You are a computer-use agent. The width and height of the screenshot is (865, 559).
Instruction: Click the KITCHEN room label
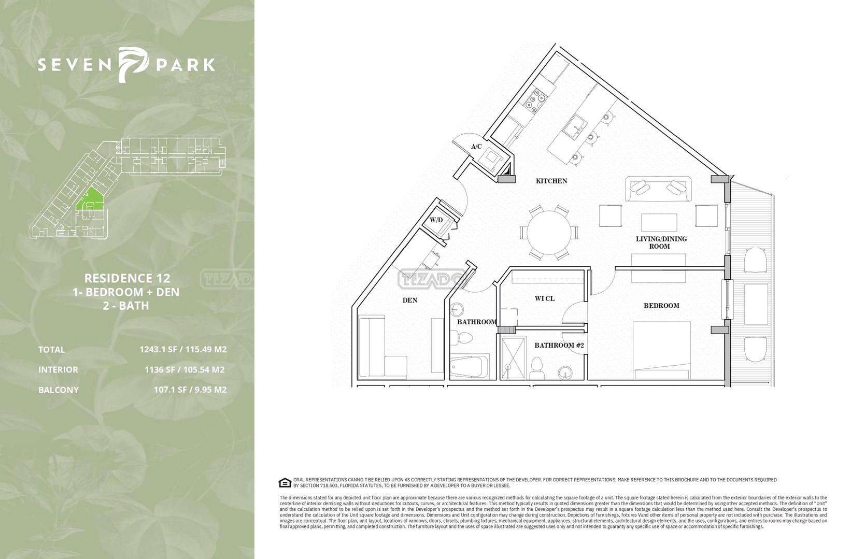pyautogui.click(x=551, y=181)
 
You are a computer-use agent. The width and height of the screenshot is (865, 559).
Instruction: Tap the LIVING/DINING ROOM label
pyautogui.click(x=661, y=242)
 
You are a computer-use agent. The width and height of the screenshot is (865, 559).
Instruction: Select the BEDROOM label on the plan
pyautogui.click(x=661, y=306)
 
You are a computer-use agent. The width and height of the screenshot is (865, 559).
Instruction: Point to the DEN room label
pyautogui.click(x=410, y=300)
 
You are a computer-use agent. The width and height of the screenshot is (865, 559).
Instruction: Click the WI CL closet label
pyautogui.click(x=545, y=298)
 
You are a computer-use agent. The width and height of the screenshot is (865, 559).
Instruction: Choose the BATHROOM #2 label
pyautogui.click(x=559, y=345)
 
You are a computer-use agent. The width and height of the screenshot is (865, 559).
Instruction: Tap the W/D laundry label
pyautogui.click(x=436, y=220)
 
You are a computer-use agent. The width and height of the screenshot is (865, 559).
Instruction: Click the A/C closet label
pyautogui.click(x=476, y=147)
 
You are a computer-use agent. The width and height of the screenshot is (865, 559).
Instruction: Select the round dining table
pyautogui.click(x=549, y=233)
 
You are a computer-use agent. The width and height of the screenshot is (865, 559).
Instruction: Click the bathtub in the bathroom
pyautogui.click(x=470, y=367)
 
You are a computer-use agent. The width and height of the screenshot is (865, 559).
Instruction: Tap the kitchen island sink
pyautogui.click(x=575, y=127)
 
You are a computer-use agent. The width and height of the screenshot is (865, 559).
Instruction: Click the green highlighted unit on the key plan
pyautogui.click(x=90, y=199)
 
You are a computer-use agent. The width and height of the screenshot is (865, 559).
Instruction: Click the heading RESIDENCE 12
pyautogui.click(x=127, y=278)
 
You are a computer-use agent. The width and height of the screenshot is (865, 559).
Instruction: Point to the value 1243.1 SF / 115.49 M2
pyautogui.click(x=183, y=350)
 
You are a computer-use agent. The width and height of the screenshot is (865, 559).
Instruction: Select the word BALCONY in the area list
pyautogui.click(x=59, y=390)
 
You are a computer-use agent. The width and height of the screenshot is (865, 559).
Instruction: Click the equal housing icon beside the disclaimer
pyautogui.click(x=285, y=482)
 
